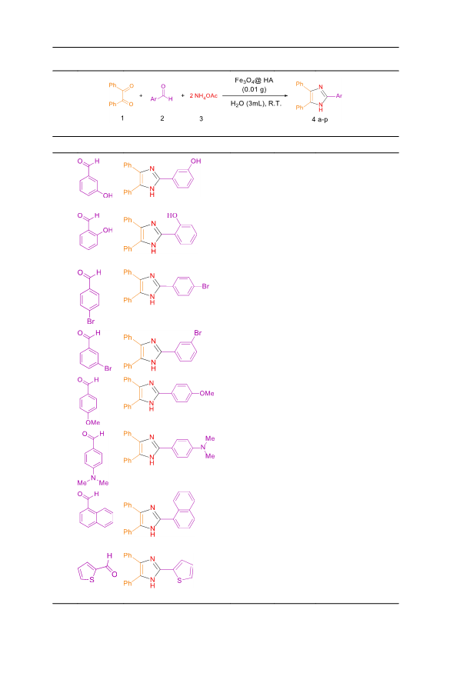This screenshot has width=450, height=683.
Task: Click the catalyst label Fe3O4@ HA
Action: (254, 80)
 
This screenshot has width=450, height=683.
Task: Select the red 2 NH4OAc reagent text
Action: (203, 96)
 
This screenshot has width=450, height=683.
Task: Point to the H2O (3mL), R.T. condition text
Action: (255, 104)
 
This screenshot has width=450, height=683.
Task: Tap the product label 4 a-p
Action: (320, 119)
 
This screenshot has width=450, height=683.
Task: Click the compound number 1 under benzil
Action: (122, 118)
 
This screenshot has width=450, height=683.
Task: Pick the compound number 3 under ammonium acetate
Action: (201, 118)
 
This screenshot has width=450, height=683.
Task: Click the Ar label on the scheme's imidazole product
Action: (339, 96)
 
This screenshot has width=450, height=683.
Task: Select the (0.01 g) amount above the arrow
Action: (255, 90)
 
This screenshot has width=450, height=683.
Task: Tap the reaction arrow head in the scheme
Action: (285, 96)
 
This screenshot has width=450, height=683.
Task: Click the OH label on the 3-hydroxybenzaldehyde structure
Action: (108, 195)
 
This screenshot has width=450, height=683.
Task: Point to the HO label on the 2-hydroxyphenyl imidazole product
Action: (172, 215)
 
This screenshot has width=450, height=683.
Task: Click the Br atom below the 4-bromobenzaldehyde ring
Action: (91, 322)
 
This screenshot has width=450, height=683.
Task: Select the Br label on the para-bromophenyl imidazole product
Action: (205, 286)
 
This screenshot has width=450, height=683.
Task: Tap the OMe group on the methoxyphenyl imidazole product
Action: (207, 393)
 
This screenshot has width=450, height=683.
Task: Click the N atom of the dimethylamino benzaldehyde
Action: (93, 478)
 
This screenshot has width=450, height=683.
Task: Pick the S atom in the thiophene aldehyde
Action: (92, 579)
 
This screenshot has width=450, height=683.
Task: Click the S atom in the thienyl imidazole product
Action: (179, 581)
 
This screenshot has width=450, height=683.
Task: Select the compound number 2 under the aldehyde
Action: (162, 118)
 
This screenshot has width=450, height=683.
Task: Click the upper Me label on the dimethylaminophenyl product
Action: (210, 438)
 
